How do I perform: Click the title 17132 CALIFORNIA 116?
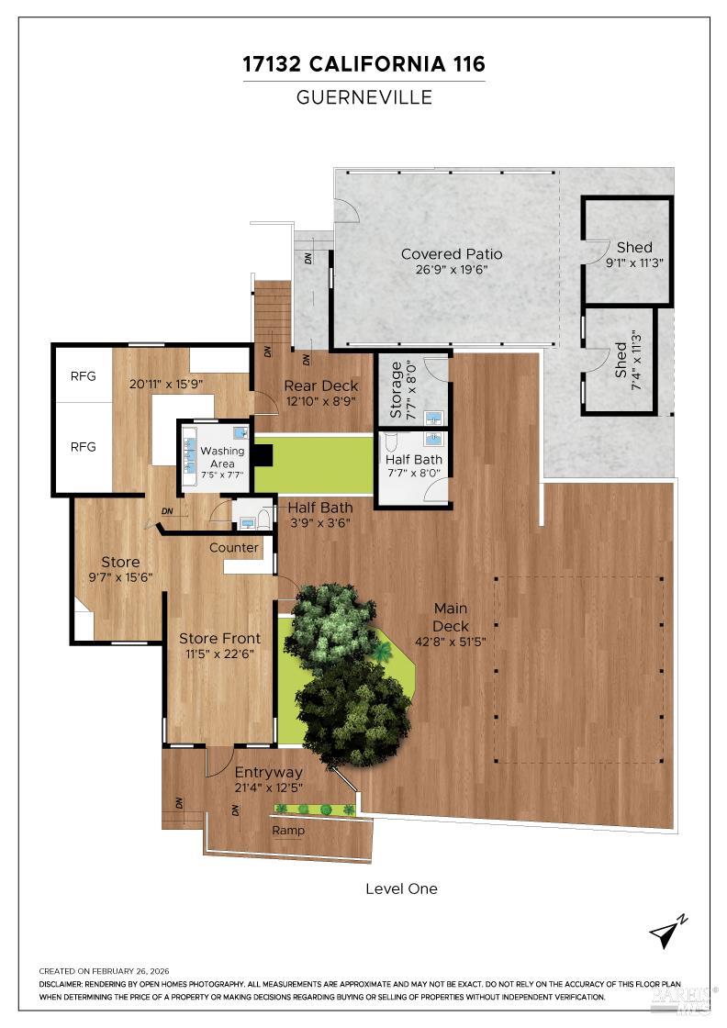(x=363, y=64)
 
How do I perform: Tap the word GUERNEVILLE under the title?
(x=363, y=97)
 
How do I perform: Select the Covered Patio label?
(x=452, y=254)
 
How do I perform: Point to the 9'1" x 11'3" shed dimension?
(x=634, y=263)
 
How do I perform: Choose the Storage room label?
(x=397, y=389)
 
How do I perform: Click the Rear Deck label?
(x=321, y=385)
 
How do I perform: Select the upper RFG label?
(x=84, y=376)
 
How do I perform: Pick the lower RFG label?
(x=84, y=447)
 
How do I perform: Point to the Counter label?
(x=234, y=548)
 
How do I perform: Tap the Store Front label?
(x=219, y=638)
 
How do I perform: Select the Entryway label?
(x=268, y=772)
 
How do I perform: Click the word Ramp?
(x=288, y=831)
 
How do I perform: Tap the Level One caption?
(x=401, y=888)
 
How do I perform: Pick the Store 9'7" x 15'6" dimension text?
(x=120, y=577)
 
